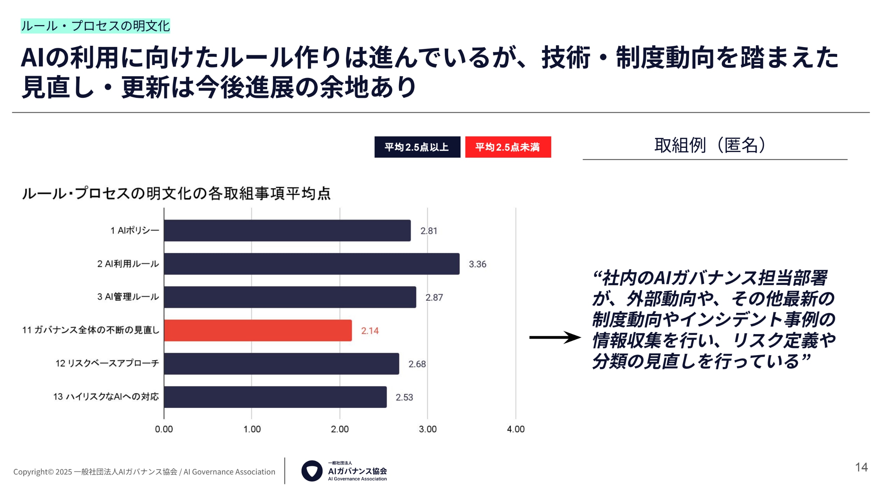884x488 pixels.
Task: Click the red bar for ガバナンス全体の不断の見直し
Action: click(258, 330)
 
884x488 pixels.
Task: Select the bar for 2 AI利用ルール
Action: click(311, 264)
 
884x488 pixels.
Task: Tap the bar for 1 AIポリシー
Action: click(287, 230)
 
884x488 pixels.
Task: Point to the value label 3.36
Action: click(477, 264)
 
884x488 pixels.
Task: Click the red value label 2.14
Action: click(370, 331)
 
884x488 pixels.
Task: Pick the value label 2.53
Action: click(404, 397)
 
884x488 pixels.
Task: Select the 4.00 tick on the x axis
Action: click(515, 429)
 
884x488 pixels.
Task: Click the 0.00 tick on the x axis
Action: click(164, 429)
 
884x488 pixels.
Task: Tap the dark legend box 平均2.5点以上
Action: click(417, 147)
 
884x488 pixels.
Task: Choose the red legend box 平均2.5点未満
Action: click(508, 147)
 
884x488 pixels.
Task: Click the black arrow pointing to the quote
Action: click(555, 337)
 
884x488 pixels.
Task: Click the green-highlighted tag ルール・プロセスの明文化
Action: click(95, 26)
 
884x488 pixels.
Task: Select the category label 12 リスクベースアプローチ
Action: click(107, 364)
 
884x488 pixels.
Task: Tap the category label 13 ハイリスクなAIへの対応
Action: click(106, 397)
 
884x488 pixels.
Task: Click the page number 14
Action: click(861, 467)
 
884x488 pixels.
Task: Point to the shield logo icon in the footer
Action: click(311, 471)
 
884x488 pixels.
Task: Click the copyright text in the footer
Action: click(144, 472)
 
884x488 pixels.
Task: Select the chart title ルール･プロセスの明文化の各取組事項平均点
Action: click(176, 193)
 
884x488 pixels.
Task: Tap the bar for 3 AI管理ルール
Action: click(290, 297)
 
